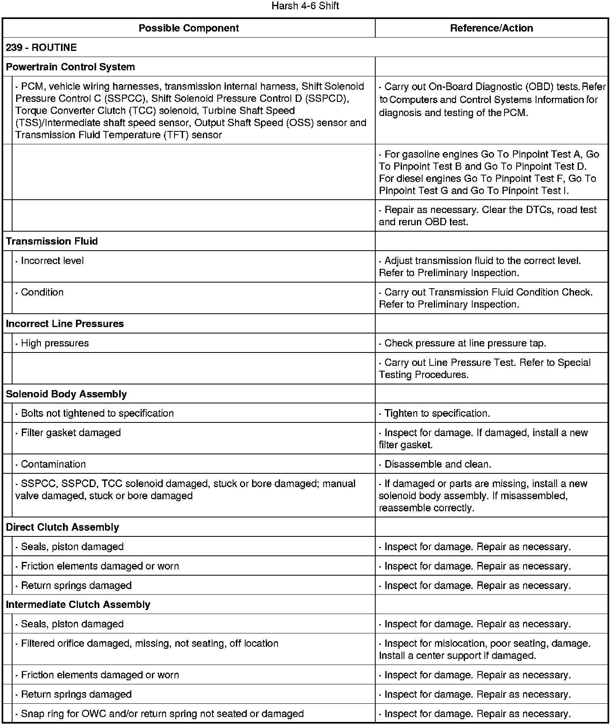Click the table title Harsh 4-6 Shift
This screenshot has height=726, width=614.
point(305,6)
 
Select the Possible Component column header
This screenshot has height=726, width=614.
point(189,28)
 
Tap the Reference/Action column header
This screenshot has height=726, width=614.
point(491,28)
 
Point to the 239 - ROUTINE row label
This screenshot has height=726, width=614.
point(41,47)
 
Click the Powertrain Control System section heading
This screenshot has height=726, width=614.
point(70,67)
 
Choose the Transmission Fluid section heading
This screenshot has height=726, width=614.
point(52,241)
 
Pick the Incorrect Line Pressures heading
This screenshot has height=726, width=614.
point(65,323)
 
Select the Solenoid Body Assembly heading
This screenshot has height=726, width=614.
point(66,394)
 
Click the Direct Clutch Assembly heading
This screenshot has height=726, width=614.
point(62,527)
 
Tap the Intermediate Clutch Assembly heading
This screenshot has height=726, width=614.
point(78,604)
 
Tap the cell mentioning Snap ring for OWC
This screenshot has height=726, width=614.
point(160,713)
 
